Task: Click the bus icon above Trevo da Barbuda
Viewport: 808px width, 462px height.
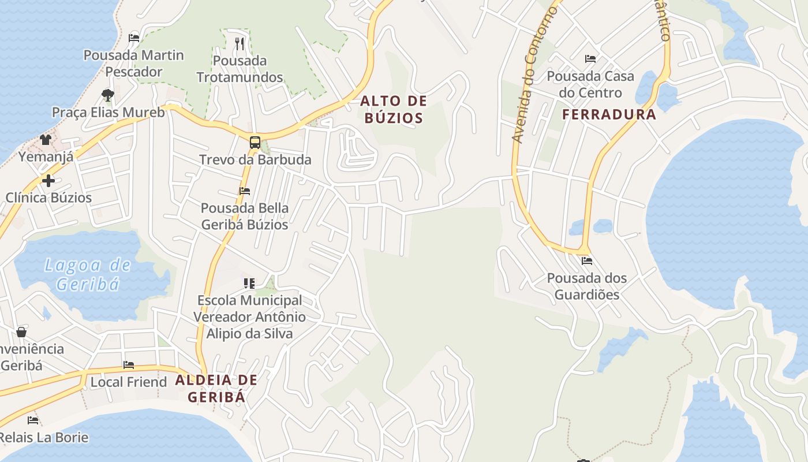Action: click(x=255, y=142)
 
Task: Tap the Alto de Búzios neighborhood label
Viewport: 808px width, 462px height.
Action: click(x=394, y=110)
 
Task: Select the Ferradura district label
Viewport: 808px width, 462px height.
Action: click(x=609, y=114)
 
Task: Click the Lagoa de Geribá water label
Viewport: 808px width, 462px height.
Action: click(x=88, y=274)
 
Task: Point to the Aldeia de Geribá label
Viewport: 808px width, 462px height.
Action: click(x=216, y=388)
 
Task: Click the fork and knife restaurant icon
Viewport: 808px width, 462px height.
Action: click(x=240, y=43)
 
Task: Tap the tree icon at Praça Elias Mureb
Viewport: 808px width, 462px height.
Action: click(x=107, y=95)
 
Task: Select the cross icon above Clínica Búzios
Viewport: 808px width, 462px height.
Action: click(x=48, y=181)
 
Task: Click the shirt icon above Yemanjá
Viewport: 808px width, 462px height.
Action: click(x=46, y=139)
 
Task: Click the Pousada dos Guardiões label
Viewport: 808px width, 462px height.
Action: click(x=586, y=286)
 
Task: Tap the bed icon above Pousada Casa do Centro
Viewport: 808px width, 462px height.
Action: click(x=590, y=59)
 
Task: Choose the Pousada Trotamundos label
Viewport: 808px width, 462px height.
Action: click(x=240, y=69)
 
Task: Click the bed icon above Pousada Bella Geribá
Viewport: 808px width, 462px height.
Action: click(x=245, y=191)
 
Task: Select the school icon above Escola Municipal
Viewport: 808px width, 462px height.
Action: click(x=249, y=283)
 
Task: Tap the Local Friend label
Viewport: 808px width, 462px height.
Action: click(x=128, y=382)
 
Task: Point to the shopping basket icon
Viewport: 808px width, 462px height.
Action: click(x=21, y=332)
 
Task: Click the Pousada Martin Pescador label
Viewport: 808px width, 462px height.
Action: click(x=134, y=64)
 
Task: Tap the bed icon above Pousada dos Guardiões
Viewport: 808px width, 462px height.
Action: click(x=587, y=261)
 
